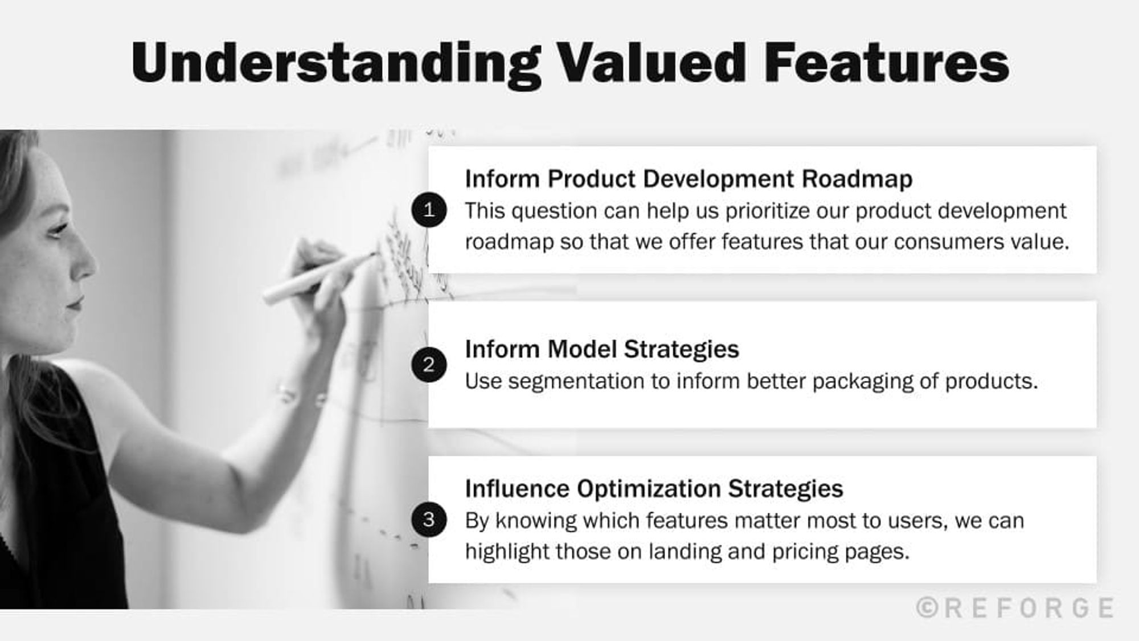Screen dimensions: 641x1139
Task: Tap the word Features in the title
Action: (886, 63)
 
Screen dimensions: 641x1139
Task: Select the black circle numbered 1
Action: (429, 210)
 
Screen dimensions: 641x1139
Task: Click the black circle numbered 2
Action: (429, 365)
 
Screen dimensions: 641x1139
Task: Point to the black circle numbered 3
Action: (429, 519)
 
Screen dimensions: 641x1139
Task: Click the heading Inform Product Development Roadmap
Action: (688, 179)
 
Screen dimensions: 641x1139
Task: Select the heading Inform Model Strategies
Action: (601, 349)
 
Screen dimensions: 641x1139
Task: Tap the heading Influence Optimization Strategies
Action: (653, 489)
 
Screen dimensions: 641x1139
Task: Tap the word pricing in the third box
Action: (805, 552)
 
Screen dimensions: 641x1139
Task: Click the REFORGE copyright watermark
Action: (1015, 608)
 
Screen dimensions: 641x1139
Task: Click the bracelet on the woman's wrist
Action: (290, 393)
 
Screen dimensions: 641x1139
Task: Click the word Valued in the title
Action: (650, 63)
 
